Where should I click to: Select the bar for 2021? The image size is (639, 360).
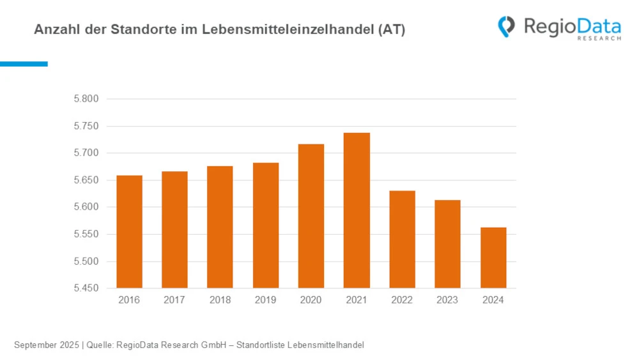(357, 210)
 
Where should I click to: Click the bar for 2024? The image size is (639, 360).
(493, 258)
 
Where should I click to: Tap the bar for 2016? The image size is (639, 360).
(129, 231)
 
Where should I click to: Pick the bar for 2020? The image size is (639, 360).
(311, 216)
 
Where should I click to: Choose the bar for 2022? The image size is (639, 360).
(403, 239)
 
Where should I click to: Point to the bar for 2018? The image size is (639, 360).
(220, 227)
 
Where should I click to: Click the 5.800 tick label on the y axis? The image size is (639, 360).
(86, 99)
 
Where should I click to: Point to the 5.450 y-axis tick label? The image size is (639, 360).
(86, 288)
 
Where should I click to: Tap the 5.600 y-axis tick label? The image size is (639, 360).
(86, 207)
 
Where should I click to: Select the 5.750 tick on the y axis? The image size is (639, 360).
(86, 126)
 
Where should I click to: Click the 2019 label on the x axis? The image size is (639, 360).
(266, 300)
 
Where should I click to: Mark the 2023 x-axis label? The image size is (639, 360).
(447, 300)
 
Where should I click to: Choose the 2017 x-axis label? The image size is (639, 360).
(174, 300)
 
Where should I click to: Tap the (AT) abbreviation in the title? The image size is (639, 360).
(392, 29)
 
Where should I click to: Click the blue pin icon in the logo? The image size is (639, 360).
(507, 26)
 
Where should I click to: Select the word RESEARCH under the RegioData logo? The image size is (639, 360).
(599, 38)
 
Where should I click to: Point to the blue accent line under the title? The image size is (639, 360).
(24, 64)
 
